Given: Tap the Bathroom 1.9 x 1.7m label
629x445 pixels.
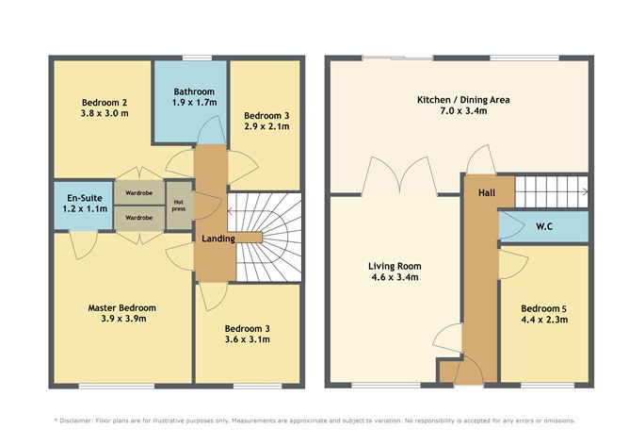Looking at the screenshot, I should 195,96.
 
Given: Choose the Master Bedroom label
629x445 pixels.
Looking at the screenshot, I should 121,307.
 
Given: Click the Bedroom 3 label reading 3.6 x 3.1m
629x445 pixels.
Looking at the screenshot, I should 246,335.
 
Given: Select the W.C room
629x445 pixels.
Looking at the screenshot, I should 543,226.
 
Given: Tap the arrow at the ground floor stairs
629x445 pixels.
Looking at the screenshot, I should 585,191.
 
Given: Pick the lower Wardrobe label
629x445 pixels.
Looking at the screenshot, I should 138,217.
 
